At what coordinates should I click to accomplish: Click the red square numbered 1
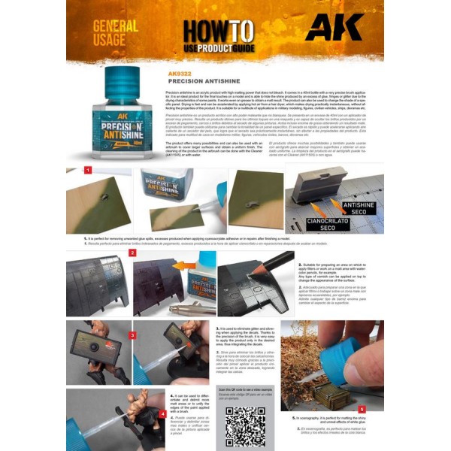pyautogui.click(x=87, y=171)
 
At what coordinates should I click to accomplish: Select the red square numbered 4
pyautogui.click(x=162, y=413)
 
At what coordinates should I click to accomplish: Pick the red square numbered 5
pyautogui.click(x=362, y=409)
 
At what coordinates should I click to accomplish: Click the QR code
pyautogui.click(x=245, y=425)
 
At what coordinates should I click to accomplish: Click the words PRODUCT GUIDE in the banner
pyautogui.click(x=213, y=49)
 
